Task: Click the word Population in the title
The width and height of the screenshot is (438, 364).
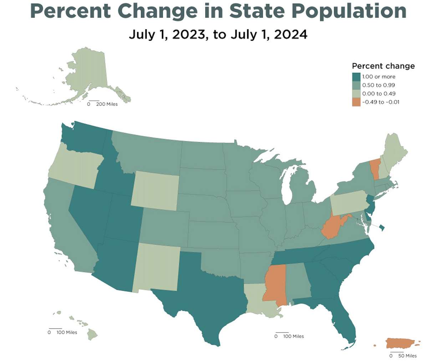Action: click(349, 11)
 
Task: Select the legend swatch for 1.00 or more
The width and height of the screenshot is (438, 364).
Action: click(356, 77)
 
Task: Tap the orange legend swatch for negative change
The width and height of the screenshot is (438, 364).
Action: click(356, 102)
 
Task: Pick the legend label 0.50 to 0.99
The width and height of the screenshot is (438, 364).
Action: click(378, 85)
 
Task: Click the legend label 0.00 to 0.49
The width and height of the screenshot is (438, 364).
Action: click(378, 94)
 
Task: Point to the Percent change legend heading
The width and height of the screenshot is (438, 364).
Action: click(383, 66)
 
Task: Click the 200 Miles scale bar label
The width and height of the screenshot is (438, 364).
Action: click(107, 104)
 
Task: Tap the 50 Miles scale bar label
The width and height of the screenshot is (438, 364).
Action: click(407, 356)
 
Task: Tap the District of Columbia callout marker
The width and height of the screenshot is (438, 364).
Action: click(381, 228)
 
